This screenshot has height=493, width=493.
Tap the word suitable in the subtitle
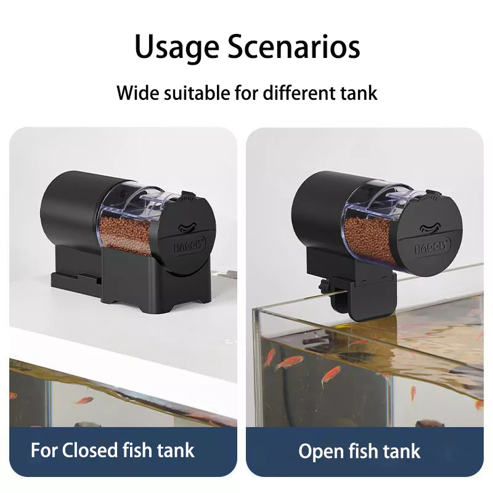coord(197,93)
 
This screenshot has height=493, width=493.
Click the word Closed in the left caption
coord(89,450)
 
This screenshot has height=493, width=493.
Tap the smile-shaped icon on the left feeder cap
coord(187,227)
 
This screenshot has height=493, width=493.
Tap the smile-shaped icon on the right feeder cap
coord(430,228)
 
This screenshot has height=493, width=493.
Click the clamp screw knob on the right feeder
coord(323,286)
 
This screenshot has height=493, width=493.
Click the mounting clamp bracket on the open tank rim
coord(365,296)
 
